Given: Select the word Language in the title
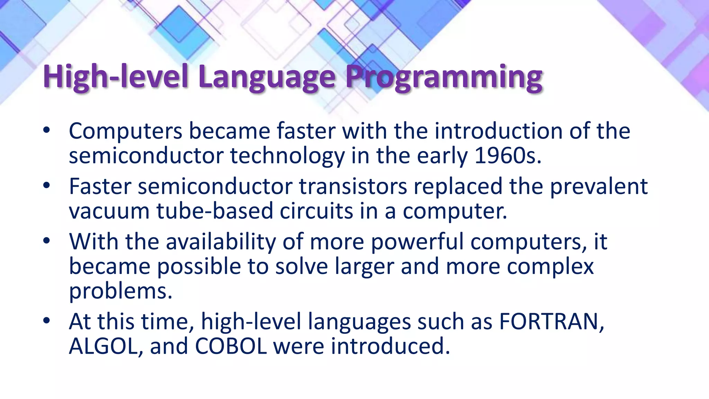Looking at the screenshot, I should [267, 77].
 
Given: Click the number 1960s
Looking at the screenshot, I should [508, 156].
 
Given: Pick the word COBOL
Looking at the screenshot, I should [231, 346].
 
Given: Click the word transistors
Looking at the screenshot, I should [353, 186].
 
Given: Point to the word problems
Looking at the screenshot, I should [120, 291].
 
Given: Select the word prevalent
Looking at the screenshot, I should [599, 186].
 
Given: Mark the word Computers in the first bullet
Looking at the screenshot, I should [125, 131].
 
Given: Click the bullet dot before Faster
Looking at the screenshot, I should [47, 186].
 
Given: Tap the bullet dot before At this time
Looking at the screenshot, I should [47, 321].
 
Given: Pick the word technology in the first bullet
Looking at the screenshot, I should [287, 156].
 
